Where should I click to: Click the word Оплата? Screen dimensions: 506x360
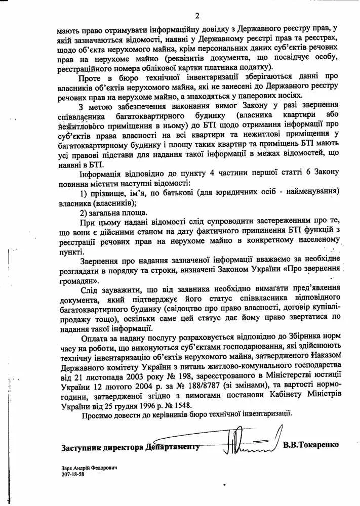[96, 336]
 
